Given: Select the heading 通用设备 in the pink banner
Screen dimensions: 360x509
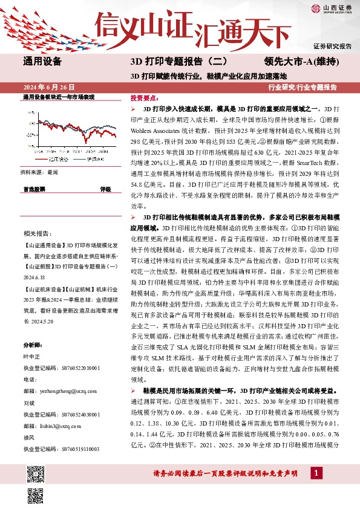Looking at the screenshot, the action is coord(42,61).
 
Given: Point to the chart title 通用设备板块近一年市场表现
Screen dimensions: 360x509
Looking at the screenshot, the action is coord(58,97).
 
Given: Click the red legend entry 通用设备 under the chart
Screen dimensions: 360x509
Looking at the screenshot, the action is coord(57,159).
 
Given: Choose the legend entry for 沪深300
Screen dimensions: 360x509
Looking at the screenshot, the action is coord(91,159).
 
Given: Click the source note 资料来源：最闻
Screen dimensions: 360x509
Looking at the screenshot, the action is coord(40,172).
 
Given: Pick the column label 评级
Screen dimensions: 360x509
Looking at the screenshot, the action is coord(105,189).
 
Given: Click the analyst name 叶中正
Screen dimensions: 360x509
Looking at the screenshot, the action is coord(31,356).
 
